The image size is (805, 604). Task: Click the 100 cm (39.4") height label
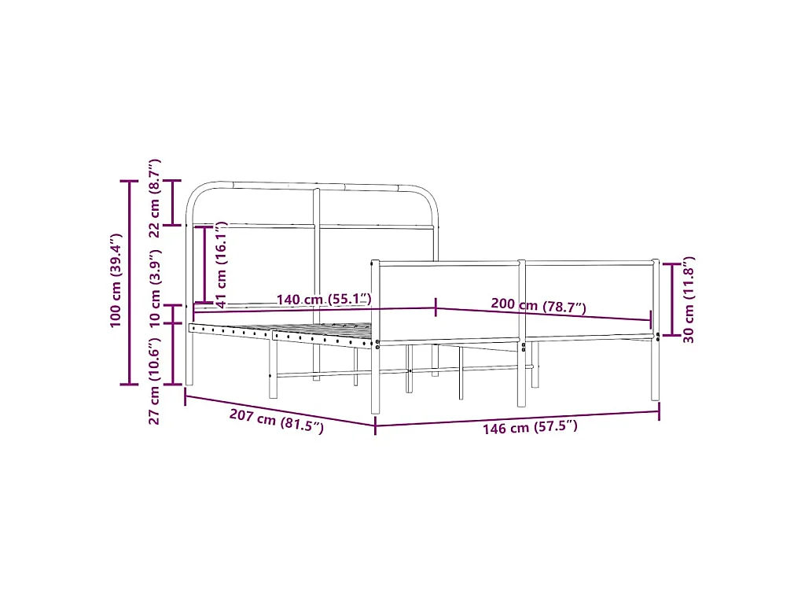coord(116,280)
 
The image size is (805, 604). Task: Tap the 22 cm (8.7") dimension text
coord(155,197)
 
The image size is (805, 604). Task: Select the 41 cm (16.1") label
coord(221,264)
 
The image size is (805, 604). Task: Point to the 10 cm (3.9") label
coord(155,289)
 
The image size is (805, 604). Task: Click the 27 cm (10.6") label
coord(155,381)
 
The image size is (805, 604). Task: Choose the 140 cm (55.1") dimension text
coord(324,299)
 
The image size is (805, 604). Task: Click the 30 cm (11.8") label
coord(689,300)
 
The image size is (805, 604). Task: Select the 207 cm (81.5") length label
coord(276,421)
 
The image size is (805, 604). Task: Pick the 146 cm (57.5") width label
coord(530,427)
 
